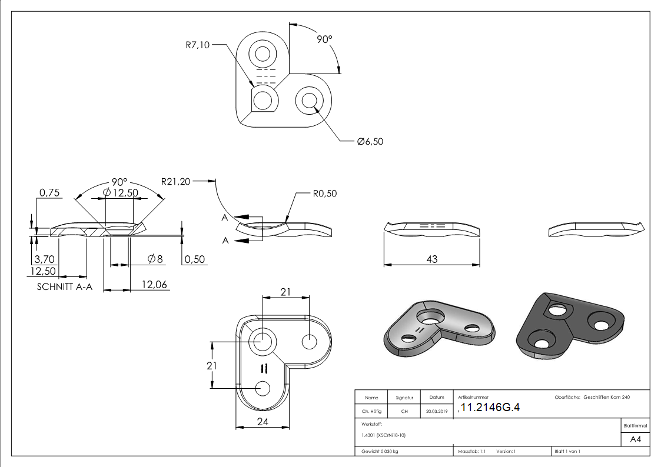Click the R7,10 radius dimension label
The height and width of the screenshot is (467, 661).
coord(197,45)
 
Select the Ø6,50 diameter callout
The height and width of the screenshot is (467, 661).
coord(370,142)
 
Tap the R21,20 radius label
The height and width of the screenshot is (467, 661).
coord(176,182)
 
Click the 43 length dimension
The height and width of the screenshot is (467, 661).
coord(432,259)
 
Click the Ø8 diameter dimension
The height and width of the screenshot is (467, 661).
coord(155,259)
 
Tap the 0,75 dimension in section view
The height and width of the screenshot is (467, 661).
coord(49,192)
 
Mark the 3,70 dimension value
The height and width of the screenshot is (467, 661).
coord(45,259)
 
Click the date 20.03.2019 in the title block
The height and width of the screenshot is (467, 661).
coord(437,412)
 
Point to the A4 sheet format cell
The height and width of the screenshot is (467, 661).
coord(636,439)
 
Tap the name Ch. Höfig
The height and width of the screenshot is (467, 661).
coord(371,412)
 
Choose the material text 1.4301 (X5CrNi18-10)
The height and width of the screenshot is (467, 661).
coord(384,435)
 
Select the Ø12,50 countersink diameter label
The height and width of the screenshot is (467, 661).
coord(120,193)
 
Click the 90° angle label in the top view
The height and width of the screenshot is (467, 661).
coord(325,39)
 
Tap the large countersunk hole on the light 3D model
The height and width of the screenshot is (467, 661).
coord(431,316)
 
